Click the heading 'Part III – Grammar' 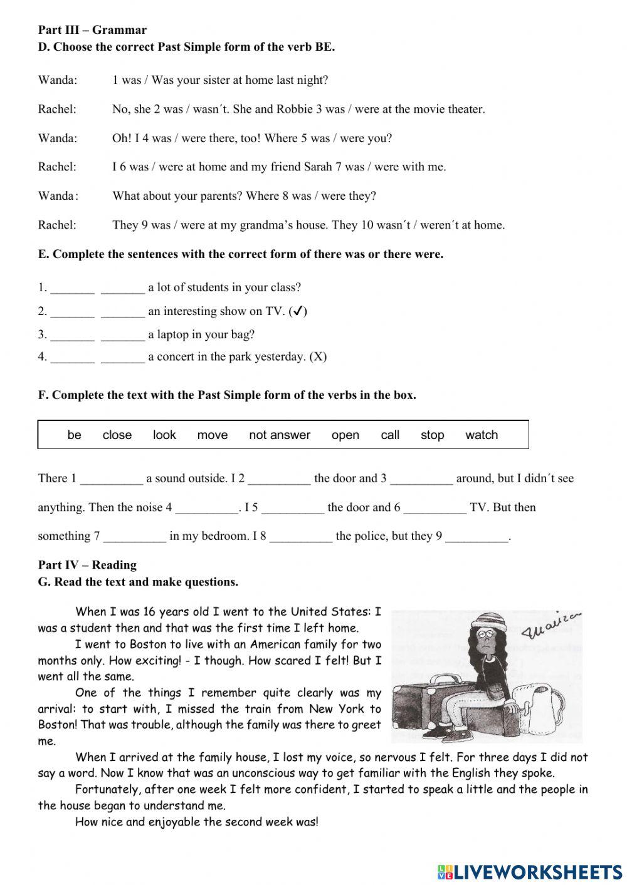(92, 30)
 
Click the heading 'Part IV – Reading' (87, 565)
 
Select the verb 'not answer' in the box (280, 435)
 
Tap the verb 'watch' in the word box (482, 435)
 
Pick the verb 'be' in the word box (74, 435)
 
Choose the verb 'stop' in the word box (432, 435)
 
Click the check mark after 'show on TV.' (298, 311)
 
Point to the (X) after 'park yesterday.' (318, 357)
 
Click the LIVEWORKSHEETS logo (530, 871)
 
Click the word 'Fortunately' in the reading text (106, 789)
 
